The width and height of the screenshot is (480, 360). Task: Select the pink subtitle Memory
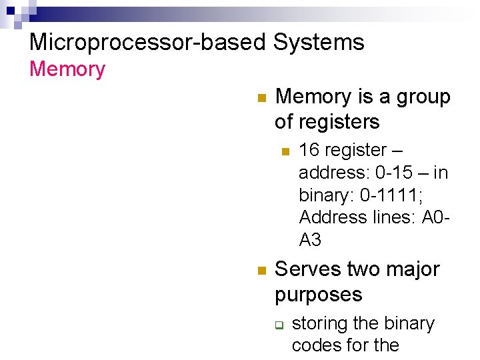click(x=67, y=69)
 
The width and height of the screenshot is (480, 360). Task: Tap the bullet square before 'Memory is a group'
click(x=261, y=97)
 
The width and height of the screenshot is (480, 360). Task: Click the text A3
click(x=310, y=239)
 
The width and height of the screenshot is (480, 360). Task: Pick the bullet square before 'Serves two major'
click(x=261, y=270)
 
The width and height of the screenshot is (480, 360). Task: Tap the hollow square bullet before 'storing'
click(x=280, y=325)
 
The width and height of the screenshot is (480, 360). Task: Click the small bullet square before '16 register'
click(x=285, y=151)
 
